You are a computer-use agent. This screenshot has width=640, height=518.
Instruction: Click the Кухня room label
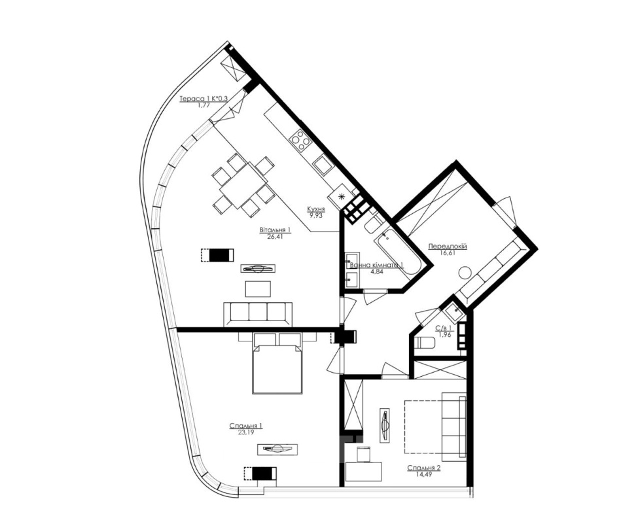[x=316, y=209]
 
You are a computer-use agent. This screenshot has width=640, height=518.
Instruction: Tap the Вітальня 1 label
[x=275, y=230]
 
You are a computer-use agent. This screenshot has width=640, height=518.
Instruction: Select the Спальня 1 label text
[x=245, y=426]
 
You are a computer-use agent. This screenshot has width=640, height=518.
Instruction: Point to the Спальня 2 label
[x=423, y=468]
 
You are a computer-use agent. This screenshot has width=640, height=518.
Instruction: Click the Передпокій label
[x=448, y=247]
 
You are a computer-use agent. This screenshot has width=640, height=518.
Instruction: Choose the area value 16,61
[x=448, y=252]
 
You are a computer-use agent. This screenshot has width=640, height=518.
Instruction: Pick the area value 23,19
[x=245, y=432]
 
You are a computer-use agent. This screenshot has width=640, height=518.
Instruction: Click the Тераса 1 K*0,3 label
[x=203, y=99]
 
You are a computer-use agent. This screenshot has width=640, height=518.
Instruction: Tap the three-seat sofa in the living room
[x=258, y=314]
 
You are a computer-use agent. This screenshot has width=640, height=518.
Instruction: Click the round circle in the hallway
[x=465, y=273]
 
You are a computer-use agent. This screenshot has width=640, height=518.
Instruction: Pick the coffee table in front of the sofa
[x=258, y=289]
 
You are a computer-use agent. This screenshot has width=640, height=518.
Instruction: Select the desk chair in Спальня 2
[x=364, y=454]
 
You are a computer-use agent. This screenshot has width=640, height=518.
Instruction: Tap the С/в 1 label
[x=443, y=328]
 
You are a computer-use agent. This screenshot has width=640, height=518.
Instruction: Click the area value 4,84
[x=377, y=271]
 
